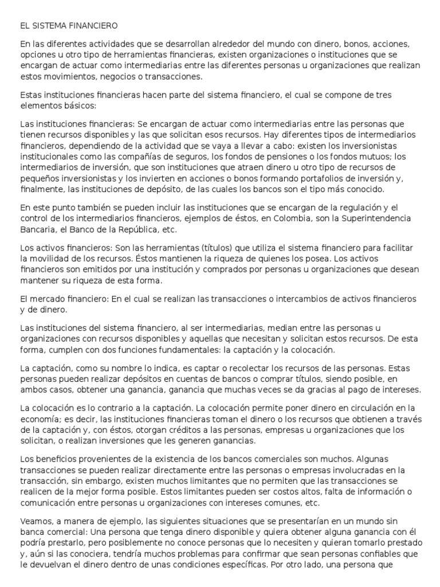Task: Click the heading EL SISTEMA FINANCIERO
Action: (69, 26)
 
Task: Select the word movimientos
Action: (68, 76)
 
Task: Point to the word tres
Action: (379, 95)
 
